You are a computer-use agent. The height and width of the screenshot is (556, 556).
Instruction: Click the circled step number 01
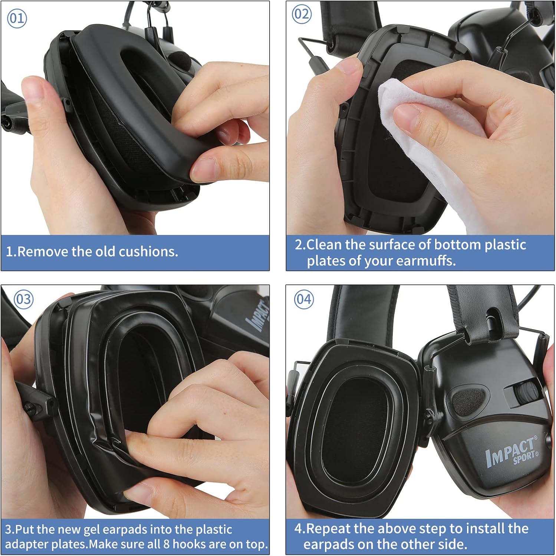tap(17, 18)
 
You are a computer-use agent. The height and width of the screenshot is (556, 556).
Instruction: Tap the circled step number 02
tap(302, 14)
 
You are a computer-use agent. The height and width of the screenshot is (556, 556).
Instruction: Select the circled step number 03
tap(23, 299)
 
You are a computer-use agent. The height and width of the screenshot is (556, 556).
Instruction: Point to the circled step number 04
tap(304, 299)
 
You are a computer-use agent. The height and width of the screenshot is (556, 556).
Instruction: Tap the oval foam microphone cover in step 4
tap(468, 400)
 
